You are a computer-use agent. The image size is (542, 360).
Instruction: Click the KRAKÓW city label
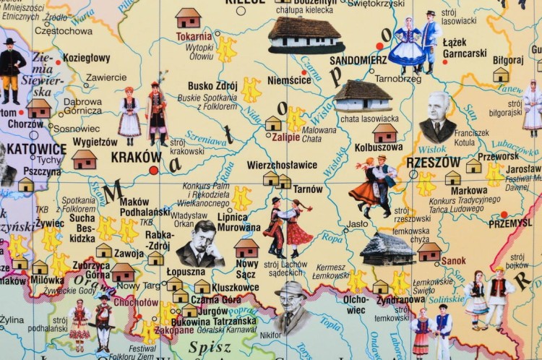point(136,156)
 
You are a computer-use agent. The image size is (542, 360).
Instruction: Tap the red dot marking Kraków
point(153,171)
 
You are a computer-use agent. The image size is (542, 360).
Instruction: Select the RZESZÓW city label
point(433,162)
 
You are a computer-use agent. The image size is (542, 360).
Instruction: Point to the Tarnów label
point(308,189)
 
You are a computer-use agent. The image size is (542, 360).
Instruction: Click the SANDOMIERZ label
point(358,60)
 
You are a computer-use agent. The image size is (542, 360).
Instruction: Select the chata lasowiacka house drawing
point(362,95)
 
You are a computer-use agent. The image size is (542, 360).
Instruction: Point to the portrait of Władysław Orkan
point(200,244)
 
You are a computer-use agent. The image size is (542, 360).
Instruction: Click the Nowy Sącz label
point(246,268)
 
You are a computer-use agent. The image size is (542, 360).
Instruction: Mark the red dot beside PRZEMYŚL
point(503,214)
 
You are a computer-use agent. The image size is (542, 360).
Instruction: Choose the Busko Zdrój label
point(212,85)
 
